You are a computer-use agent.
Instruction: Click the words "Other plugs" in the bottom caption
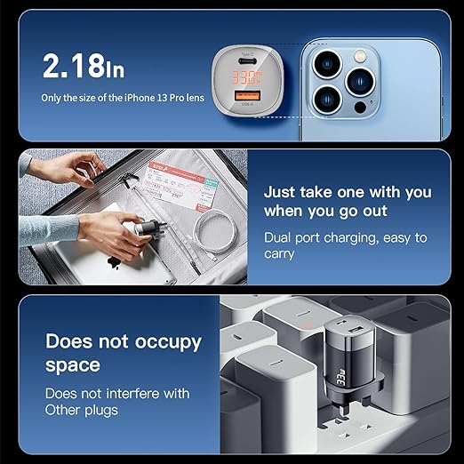pos(83,410)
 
